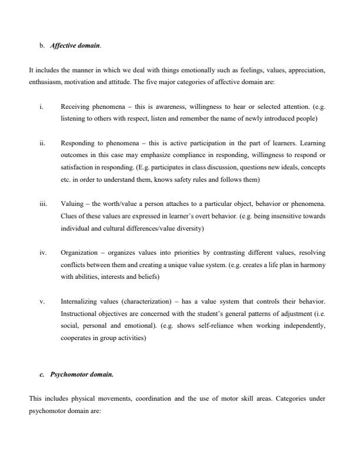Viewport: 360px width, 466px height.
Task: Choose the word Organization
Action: tap(78, 252)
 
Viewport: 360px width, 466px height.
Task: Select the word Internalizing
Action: tap(78, 301)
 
